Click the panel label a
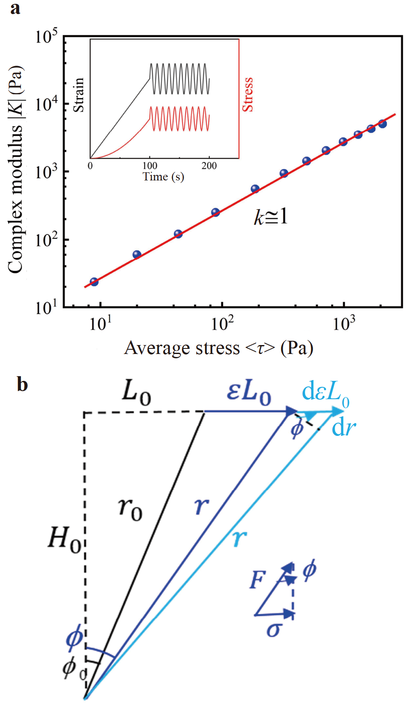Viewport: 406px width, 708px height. tap(15, 9)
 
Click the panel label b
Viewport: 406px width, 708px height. tap(22, 384)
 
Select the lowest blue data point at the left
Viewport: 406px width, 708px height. tap(94, 282)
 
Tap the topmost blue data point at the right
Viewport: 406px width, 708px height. tap(383, 124)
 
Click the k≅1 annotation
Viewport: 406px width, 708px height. tap(271, 217)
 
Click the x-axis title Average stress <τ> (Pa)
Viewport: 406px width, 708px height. tap(219, 348)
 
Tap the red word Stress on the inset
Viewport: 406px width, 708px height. tap(248, 95)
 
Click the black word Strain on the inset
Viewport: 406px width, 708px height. tap(79, 95)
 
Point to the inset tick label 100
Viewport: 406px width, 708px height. tap(150, 166)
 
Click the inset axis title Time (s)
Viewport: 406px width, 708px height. tap(163, 177)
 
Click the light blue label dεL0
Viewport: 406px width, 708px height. tap(325, 393)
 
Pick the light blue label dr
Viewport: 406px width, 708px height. tap(344, 427)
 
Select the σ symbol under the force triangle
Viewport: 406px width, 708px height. tap(273, 630)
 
